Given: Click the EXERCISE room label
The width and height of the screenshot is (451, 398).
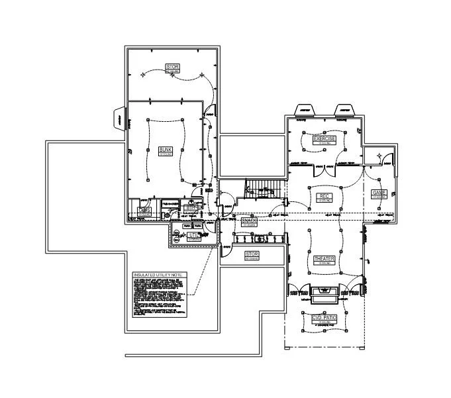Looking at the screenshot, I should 325,139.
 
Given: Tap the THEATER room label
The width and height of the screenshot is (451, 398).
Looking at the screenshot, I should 325,259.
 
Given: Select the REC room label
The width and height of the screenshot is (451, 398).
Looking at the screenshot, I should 325,196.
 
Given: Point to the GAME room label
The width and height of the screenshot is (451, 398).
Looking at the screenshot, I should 379,193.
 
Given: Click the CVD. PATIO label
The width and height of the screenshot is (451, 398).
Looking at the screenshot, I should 325,319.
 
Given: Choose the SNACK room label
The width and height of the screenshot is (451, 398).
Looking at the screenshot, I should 249,221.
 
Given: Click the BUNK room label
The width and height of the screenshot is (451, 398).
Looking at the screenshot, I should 165,150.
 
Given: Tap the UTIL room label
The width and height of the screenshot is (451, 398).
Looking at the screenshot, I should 193,235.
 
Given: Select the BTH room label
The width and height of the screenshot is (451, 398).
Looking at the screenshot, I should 191,208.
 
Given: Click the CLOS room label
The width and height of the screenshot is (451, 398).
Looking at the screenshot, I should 144,210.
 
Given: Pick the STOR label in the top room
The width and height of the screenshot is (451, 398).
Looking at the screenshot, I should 172,67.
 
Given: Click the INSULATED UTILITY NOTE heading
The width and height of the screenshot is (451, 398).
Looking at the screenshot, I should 160,275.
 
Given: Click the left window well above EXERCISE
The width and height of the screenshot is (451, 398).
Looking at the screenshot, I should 304,109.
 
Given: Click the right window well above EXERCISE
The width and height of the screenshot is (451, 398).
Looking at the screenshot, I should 343,109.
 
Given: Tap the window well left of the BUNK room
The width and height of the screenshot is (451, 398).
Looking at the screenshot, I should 119,119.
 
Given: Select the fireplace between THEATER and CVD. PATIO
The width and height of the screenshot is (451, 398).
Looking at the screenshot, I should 324,292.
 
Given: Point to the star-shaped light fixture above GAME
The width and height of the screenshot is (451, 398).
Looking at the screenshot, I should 379,155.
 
